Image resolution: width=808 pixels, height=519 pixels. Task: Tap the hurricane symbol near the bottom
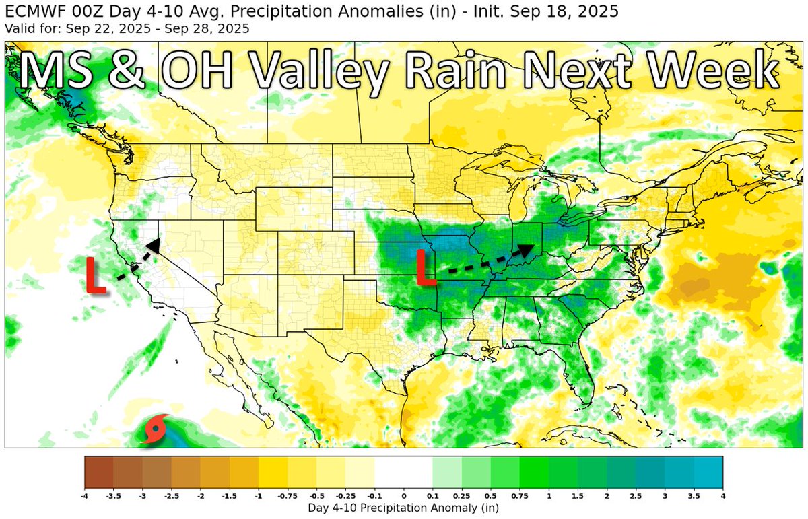pos(155,429)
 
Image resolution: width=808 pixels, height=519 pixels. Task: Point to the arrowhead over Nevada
pos(154,245)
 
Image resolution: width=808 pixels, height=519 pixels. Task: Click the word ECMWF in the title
pos(30,12)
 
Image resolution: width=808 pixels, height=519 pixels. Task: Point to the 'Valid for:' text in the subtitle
pos(27,28)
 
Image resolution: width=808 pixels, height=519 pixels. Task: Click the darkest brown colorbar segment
pos(99,472)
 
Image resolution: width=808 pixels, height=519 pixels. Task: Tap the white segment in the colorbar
pos(404,472)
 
